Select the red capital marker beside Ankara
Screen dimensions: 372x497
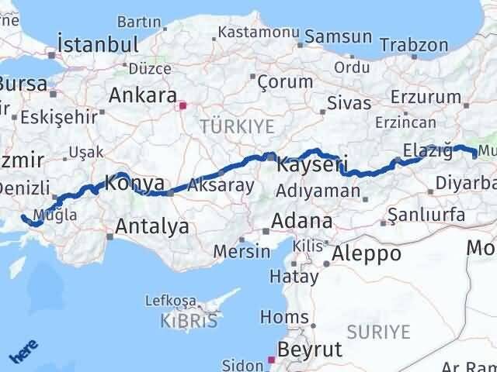click(x=182, y=105)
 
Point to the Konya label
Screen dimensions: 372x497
click(x=134, y=184)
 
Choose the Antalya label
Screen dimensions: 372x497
click(x=151, y=226)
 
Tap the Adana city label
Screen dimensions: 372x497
click(x=301, y=221)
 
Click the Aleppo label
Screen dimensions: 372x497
click(x=366, y=253)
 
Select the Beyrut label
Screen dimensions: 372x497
click(x=309, y=350)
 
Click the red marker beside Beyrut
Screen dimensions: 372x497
click(x=270, y=359)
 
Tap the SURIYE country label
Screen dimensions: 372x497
click(x=378, y=332)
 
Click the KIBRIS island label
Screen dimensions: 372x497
click(x=189, y=320)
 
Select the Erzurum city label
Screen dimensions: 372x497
click(x=427, y=96)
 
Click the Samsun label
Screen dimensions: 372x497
click(x=338, y=36)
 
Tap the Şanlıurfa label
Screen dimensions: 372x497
click(x=426, y=214)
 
